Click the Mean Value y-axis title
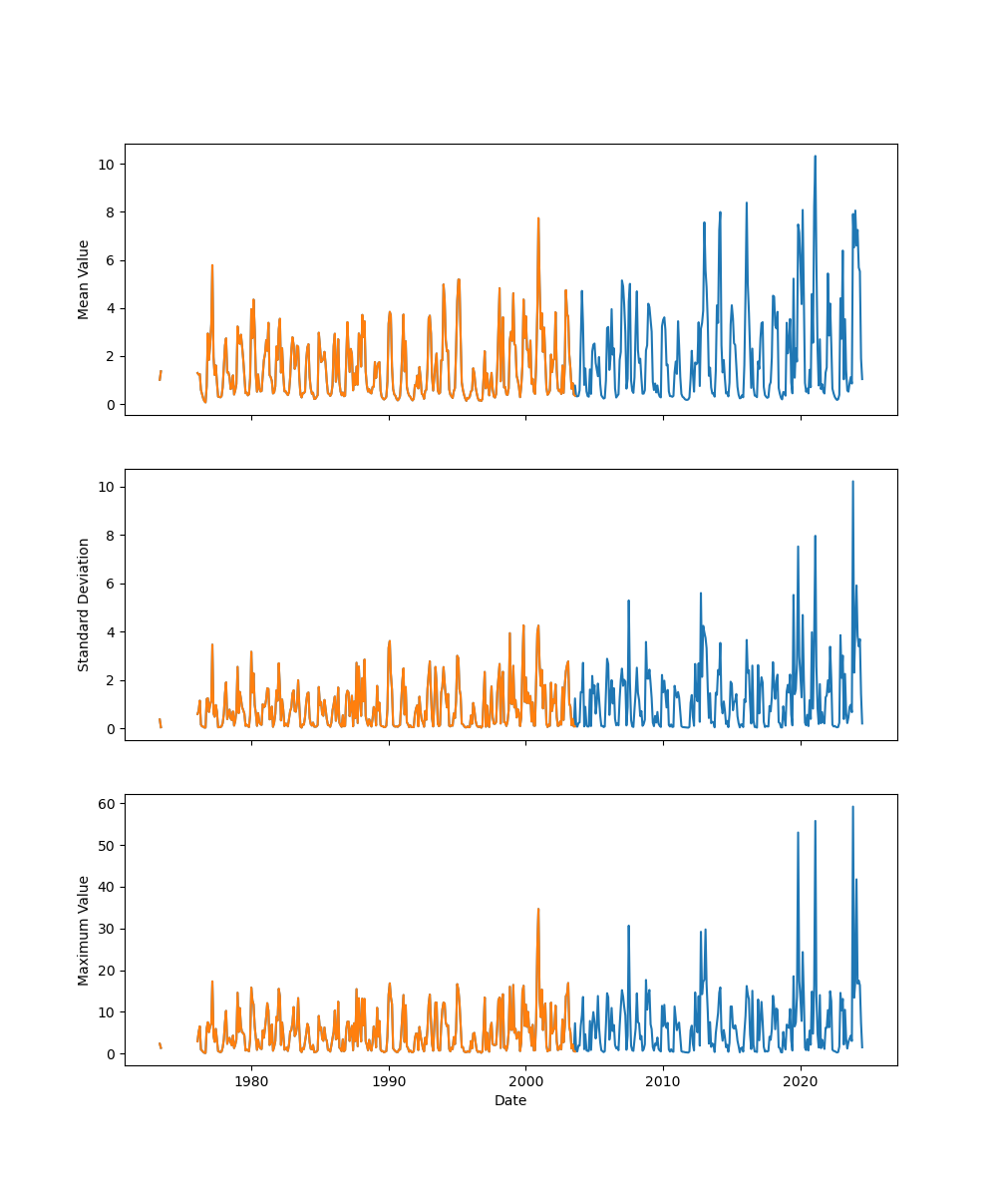point(84,279)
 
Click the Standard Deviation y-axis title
point(84,604)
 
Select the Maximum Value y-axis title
point(84,930)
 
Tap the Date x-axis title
point(510,1100)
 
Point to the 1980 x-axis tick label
point(251,1081)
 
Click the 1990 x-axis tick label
point(389,1081)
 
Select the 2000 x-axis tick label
point(525,1081)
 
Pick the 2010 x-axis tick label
point(663,1081)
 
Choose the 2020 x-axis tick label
point(801,1081)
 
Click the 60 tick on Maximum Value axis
point(105,803)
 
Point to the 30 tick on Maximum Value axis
point(105,929)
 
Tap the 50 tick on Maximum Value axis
point(105,845)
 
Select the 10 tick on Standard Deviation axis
point(105,487)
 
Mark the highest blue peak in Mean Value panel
point(815,157)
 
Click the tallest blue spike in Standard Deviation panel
point(852,482)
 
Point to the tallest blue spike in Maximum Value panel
point(852,807)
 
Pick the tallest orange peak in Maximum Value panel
point(538,909)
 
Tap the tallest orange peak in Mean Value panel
point(538,218)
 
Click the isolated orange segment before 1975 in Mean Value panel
point(160,375)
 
